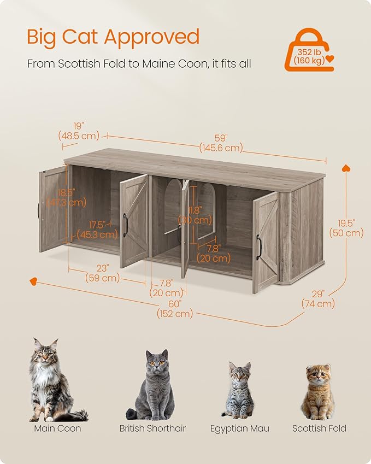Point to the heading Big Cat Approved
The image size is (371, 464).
click(113, 37)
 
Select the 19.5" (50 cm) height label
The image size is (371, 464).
click(346, 228)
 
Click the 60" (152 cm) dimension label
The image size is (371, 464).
click(175, 308)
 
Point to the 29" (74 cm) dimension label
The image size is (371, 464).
click(318, 299)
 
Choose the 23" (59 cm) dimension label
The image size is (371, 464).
click(102, 273)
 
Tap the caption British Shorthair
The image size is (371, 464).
click(152, 428)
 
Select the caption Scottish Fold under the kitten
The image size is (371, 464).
click(319, 428)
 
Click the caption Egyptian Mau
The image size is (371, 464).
click(239, 428)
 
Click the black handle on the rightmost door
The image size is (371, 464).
click(258, 247)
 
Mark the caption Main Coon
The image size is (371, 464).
click(57, 428)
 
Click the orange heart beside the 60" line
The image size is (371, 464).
click(33, 281)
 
